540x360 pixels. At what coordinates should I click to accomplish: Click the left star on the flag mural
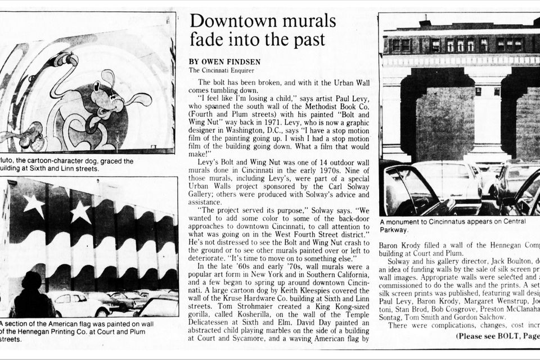pos(34,205)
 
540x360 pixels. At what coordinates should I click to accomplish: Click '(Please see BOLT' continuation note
pos(489,336)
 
